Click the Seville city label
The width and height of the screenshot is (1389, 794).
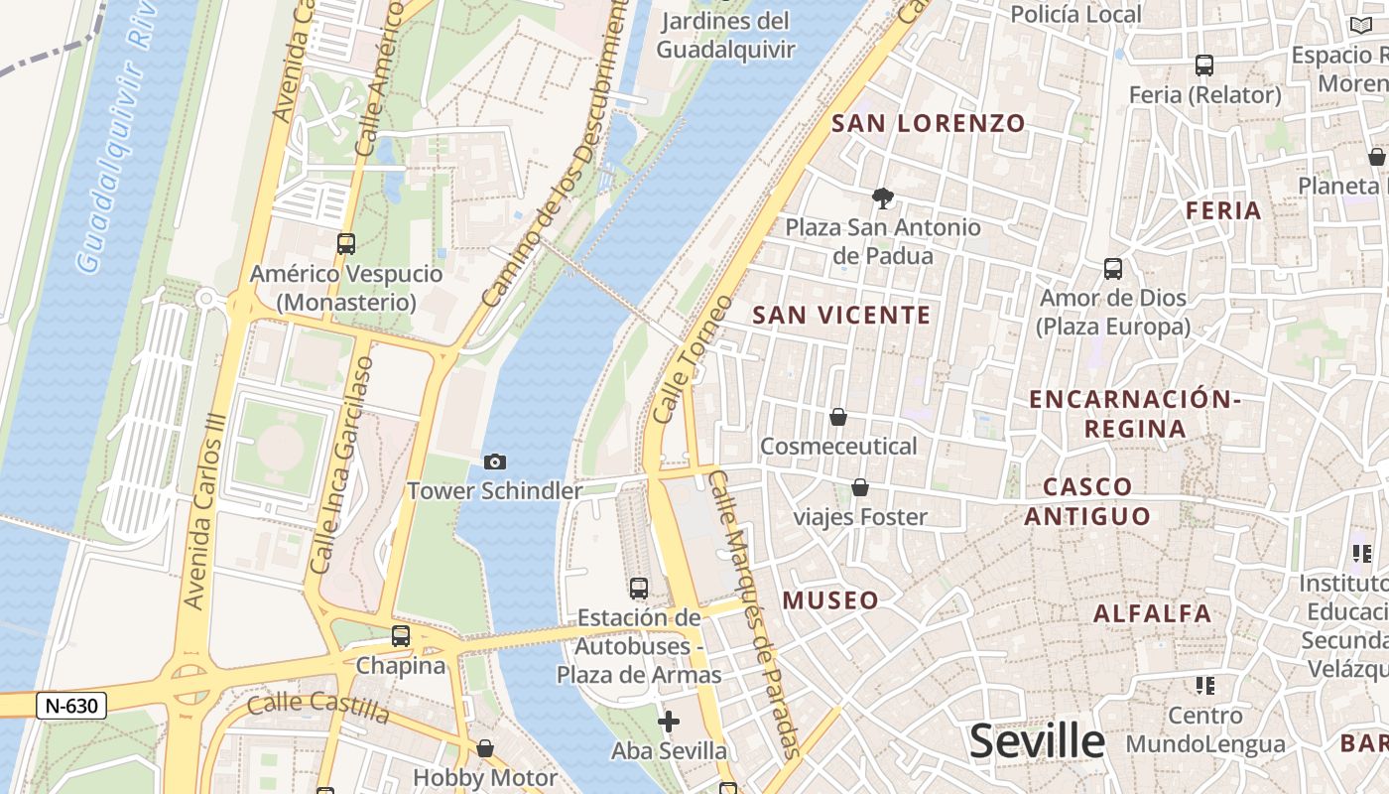point(1037,741)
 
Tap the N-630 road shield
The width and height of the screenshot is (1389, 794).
point(71,706)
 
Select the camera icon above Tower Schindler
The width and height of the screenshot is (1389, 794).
point(494,462)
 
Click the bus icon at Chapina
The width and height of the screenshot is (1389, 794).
point(401,636)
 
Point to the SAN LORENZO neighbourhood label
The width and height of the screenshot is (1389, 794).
point(929,123)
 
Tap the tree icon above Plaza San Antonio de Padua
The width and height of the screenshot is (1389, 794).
point(882,198)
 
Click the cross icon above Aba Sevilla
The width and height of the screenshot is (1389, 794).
point(669,721)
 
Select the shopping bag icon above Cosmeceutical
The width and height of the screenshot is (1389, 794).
point(838,417)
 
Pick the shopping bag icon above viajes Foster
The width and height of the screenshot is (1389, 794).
point(860,487)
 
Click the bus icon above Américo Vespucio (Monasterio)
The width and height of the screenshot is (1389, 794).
point(346,243)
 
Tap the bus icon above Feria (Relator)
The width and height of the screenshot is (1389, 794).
point(1204,66)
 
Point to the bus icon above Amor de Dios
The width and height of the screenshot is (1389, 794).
point(1113,268)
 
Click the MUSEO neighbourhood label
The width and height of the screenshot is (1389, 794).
point(830,600)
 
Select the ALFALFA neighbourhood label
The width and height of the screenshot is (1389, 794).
point(1152,613)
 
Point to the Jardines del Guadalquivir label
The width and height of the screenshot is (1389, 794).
point(726,35)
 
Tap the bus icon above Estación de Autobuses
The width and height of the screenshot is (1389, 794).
point(639,589)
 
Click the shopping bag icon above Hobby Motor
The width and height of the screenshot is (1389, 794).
point(485,748)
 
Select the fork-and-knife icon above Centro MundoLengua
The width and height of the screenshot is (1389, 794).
point(1205,685)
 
